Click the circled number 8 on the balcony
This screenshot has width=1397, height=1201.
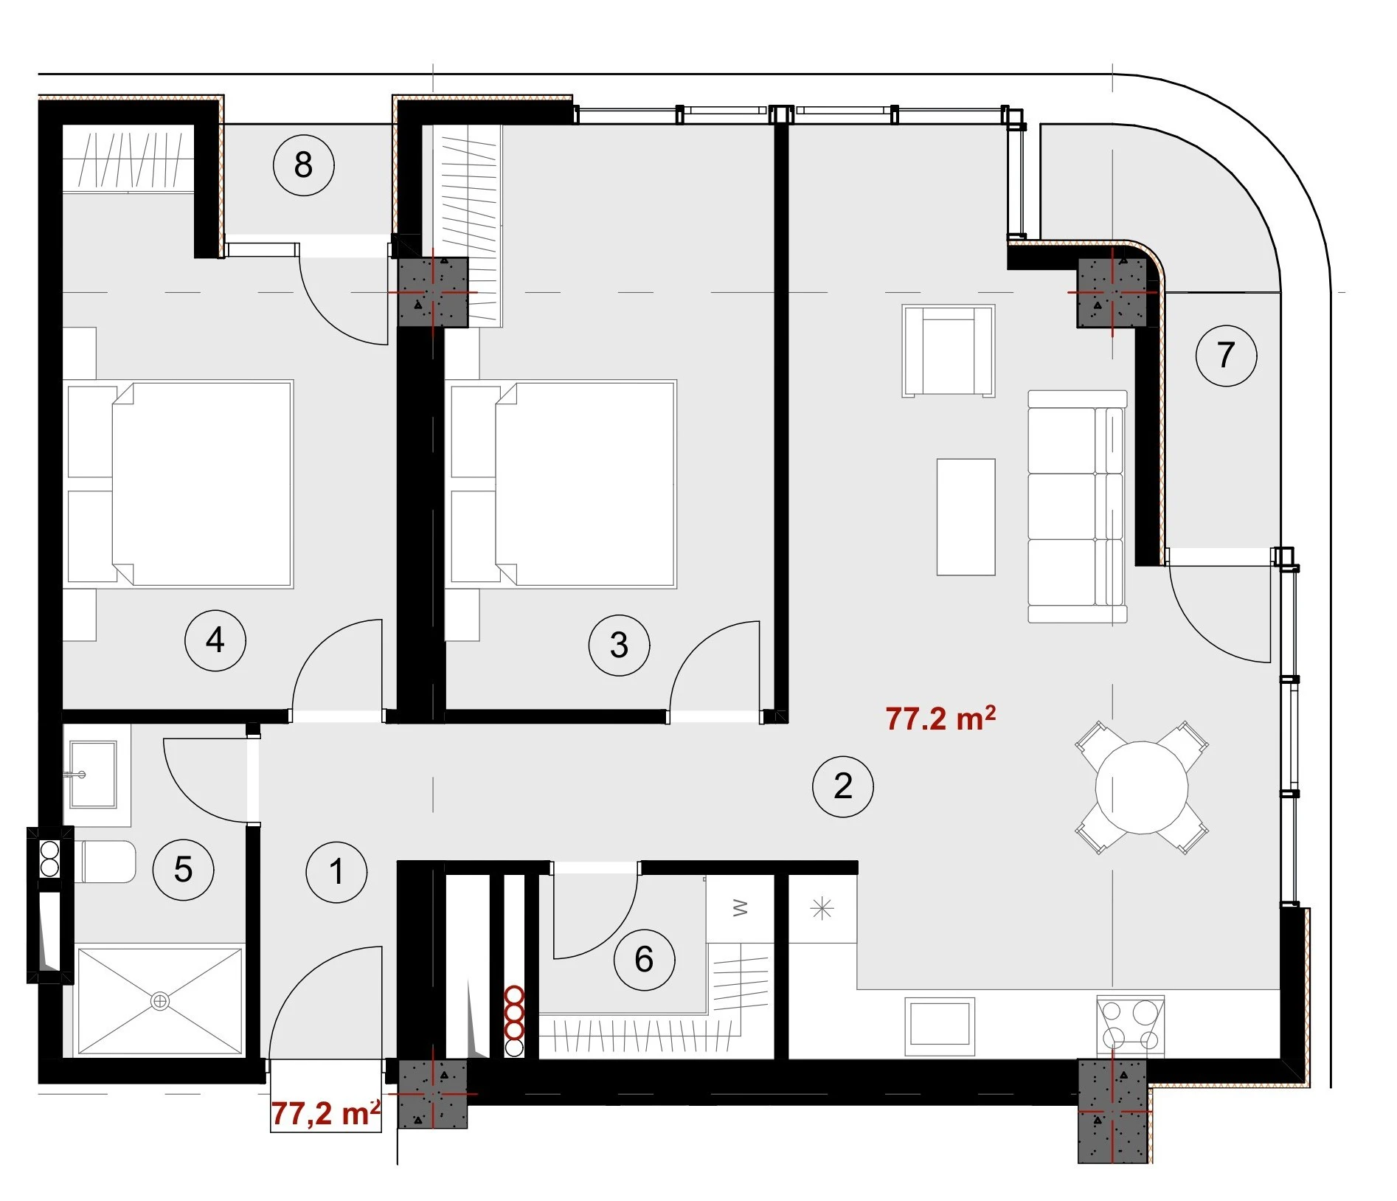303,165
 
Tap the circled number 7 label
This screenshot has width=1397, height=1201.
1226,355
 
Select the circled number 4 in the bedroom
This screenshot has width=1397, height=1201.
215,640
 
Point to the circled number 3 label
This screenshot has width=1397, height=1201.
619,645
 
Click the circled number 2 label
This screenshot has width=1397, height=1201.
842,786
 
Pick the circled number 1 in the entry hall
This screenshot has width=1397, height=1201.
336,871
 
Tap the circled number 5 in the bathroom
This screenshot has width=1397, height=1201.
183,869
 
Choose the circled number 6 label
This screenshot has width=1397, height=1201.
644,959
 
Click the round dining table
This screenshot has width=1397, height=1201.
1141,787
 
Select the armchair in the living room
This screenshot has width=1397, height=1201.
948,351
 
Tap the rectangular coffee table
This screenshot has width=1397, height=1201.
966,516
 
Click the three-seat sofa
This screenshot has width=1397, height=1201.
1077,506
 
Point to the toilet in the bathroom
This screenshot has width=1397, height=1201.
105,861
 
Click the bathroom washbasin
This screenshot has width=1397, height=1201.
93,774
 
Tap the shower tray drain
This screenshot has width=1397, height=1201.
159,1001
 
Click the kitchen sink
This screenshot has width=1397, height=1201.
940,1022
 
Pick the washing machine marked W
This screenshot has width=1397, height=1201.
740,908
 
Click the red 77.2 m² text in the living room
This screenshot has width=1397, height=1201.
940,718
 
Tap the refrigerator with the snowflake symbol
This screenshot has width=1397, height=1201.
822,908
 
